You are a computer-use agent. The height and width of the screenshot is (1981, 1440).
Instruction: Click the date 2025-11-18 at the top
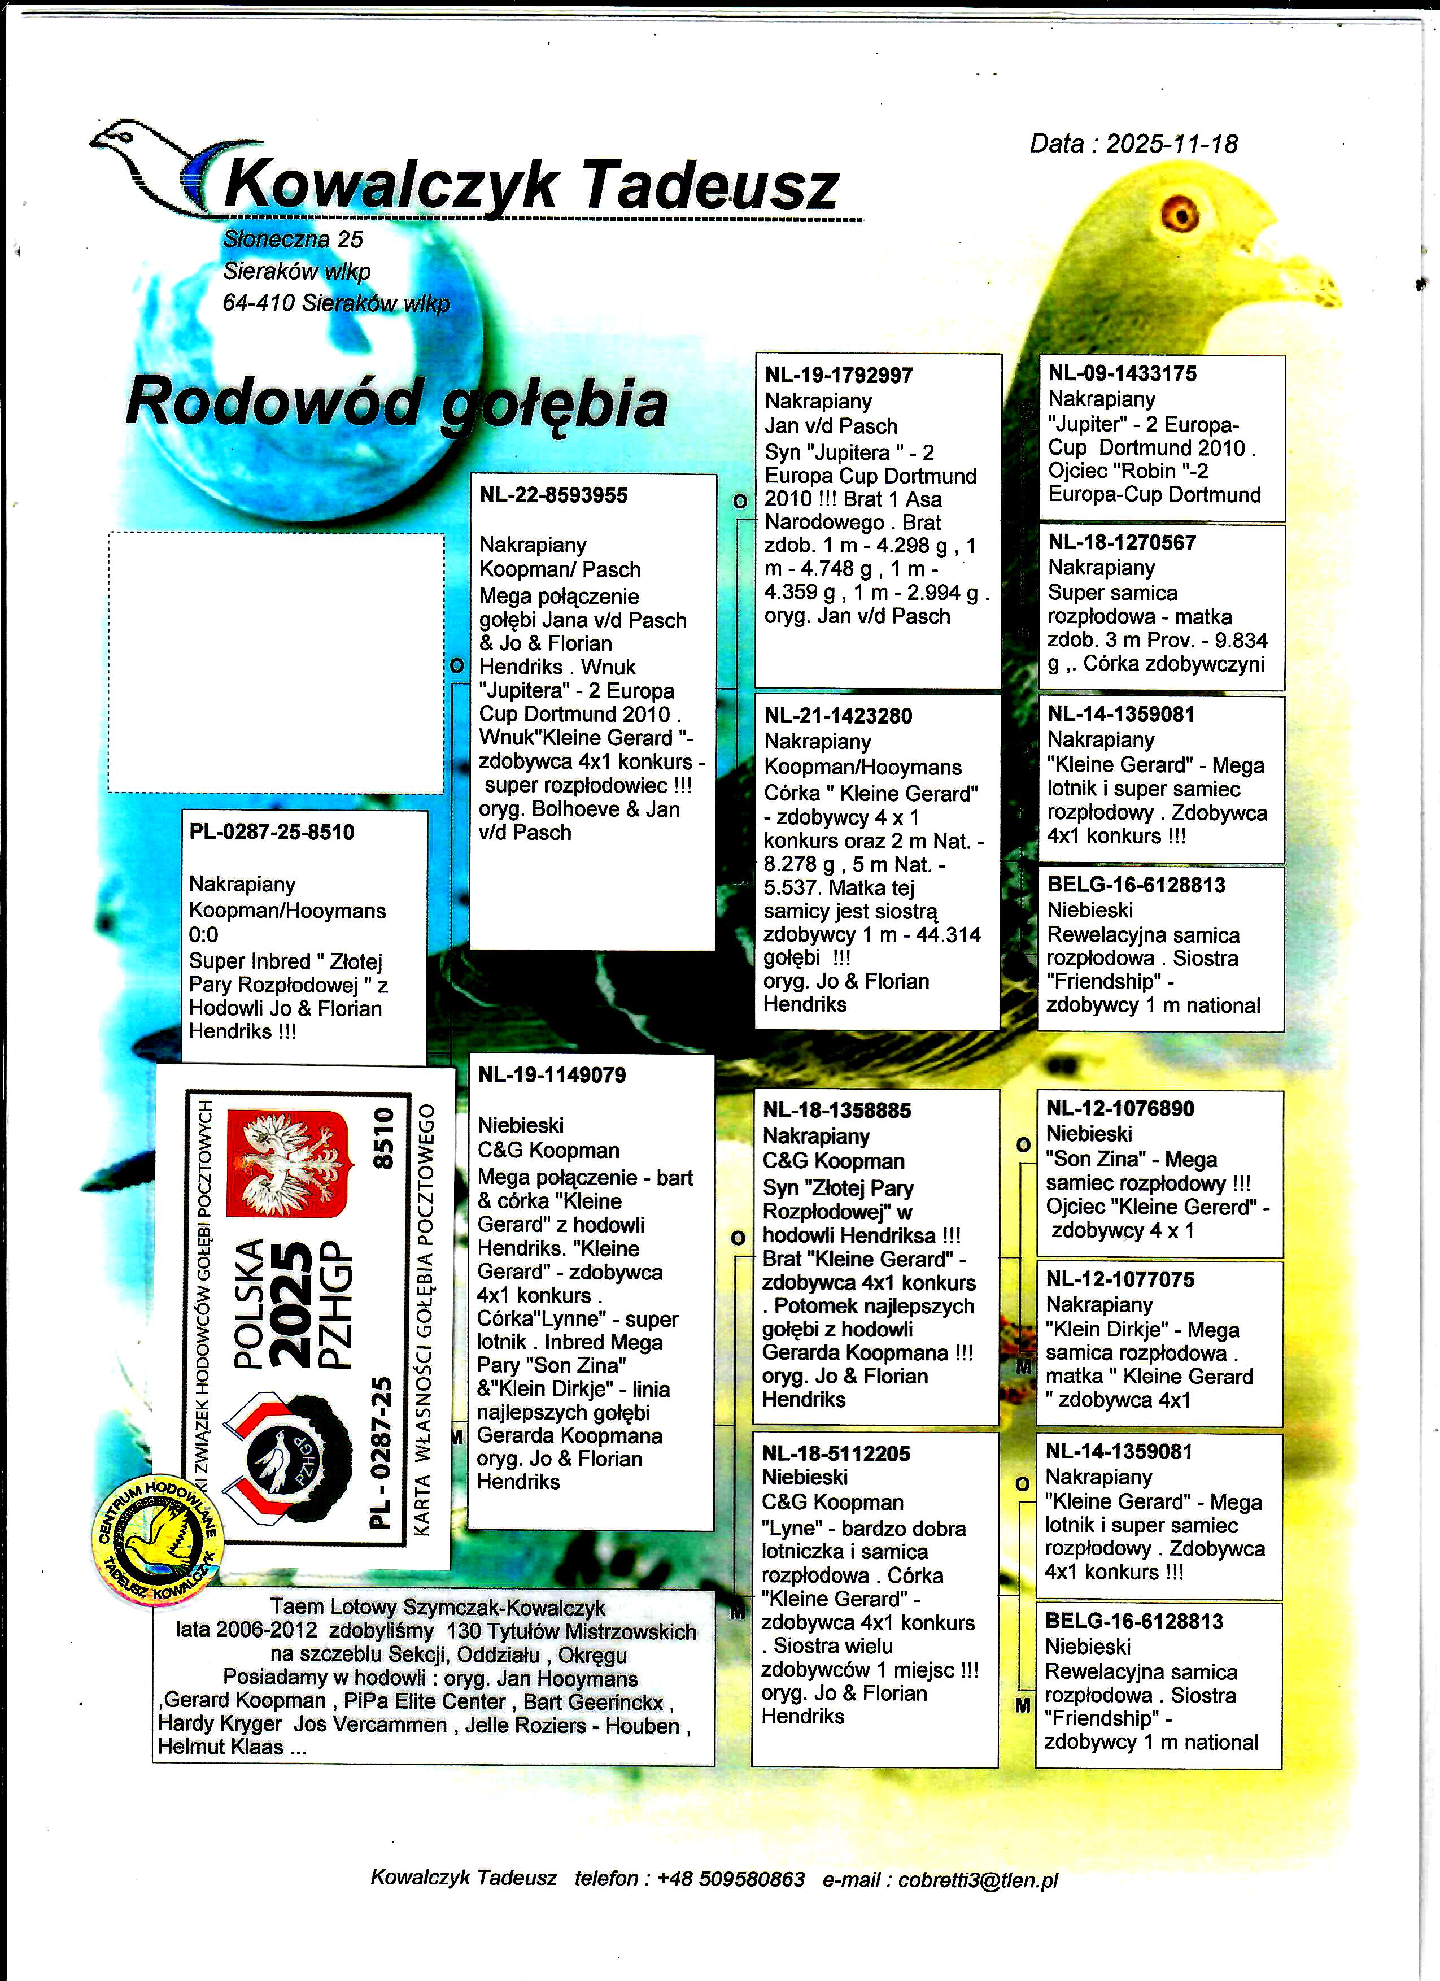click(1171, 144)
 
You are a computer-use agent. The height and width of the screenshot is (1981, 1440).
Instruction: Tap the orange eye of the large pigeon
click(1179, 212)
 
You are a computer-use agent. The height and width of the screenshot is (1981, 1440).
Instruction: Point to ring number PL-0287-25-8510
click(272, 833)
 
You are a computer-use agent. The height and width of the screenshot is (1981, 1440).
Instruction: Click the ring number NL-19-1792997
click(839, 376)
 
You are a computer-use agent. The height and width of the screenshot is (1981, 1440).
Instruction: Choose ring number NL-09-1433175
click(1122, 374)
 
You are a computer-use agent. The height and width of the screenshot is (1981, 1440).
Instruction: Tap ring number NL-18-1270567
click(1122, 542)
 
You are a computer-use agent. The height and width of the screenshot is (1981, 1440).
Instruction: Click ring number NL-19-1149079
click(552, 1075)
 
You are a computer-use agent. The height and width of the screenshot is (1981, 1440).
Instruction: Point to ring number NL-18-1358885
click(836, 1111)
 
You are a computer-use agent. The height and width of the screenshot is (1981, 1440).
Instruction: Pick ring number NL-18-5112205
click(836, 1455)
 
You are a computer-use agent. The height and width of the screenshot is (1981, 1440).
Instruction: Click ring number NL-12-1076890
click(1120, 1109)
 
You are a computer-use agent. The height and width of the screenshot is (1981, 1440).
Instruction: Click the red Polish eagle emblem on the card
click(287, 1164)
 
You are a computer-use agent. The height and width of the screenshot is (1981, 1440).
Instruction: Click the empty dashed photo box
click(276, 664)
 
